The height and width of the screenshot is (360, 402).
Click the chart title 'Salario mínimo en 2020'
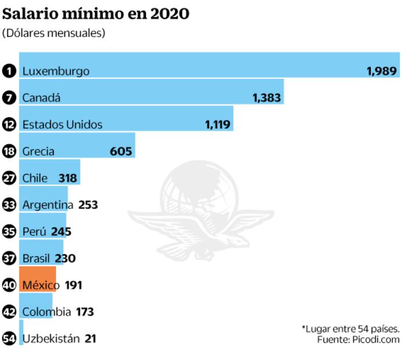point(96,13)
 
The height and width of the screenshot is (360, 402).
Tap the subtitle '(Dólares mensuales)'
point(54,33)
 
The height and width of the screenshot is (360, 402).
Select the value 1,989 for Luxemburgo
point(382,71)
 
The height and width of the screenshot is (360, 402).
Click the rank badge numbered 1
point(9,71)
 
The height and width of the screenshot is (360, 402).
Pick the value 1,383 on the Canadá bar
point(267,98)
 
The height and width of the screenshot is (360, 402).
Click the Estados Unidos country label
point(62,125)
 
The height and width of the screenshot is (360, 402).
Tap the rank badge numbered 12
point(9,125)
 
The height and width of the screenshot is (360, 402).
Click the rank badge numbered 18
point(9,152)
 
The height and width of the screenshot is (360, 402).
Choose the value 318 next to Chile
point(68,178)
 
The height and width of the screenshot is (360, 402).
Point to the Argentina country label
point(48,205)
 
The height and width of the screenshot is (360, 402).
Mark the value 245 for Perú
point(61,232)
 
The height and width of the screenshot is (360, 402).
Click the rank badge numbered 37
point(9,258)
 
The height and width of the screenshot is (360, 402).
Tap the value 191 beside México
point(73,285)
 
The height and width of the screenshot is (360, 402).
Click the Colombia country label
point(46,312)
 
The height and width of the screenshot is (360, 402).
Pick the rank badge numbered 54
point(9,339)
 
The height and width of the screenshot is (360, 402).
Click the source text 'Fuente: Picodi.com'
point(358,339)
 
